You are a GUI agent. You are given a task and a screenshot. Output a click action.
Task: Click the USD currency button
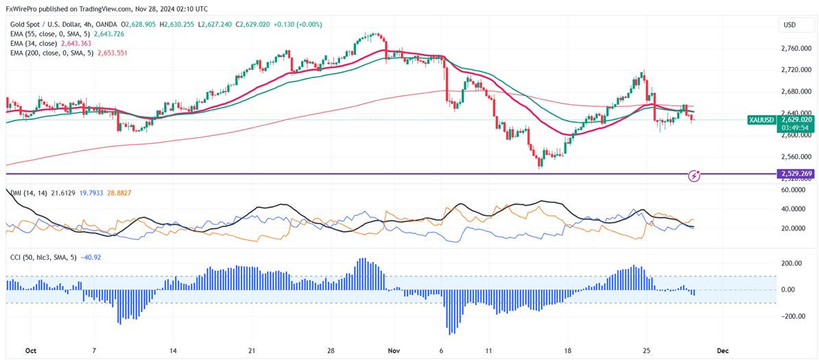coord(791,25)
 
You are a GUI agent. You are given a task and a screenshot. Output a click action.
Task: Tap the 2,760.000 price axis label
coord(795,49)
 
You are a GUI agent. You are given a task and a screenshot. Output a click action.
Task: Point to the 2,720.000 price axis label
coord(795,70)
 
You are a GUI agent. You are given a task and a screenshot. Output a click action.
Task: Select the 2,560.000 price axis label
coord(795,156)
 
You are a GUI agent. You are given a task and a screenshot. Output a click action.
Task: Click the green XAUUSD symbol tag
coord(761,120)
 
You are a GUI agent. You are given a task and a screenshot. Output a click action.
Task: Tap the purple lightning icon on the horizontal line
coord(694,176)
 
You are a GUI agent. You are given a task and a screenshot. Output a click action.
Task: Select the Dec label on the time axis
coord(722,350)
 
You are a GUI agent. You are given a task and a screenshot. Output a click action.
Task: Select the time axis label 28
coord(331,350)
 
